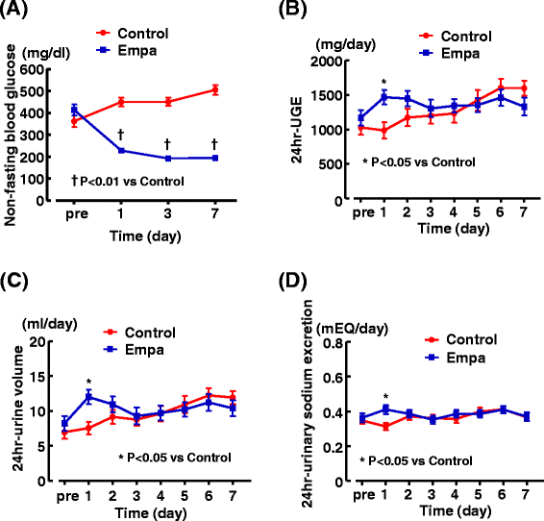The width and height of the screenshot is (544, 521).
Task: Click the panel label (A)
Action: [x=13, y=9]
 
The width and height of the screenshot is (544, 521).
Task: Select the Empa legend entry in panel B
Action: [x=450, y=54]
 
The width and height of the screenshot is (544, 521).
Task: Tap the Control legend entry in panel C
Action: [x=139, y=333]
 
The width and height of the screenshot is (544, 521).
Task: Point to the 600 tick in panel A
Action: [x=32, y=70]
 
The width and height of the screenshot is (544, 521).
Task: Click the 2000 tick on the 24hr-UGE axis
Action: [x=326, y=62]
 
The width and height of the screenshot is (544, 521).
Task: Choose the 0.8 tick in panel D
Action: [x=333, y=343]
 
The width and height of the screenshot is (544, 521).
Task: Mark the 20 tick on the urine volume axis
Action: [x=37, y=342]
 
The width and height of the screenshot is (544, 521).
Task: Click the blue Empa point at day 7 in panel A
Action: [x=215, y=159]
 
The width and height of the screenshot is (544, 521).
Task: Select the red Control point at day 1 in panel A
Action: [x=121, y=102]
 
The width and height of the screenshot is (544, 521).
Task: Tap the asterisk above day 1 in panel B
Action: [x=383, y=83]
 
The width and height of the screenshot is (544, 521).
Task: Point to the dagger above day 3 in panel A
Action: [x=167, y=144]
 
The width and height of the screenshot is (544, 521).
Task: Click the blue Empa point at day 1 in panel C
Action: [x=88, y=397]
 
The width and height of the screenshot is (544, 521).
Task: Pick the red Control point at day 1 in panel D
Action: [x=385, y=427]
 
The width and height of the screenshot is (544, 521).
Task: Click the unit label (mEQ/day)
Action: [x=352, y=328]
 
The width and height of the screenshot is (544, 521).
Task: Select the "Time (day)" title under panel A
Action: [x=145, y=236]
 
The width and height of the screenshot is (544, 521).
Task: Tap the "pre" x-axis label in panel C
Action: [x=68, y=497]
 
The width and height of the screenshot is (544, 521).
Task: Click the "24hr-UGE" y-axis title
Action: [x=297, y=130]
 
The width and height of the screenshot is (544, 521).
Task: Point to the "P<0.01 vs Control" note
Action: [x=132, y=181]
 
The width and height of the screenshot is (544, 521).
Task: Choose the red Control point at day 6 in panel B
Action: [x=501, y=87]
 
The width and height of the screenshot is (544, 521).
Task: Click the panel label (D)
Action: [x=293, y=281]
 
